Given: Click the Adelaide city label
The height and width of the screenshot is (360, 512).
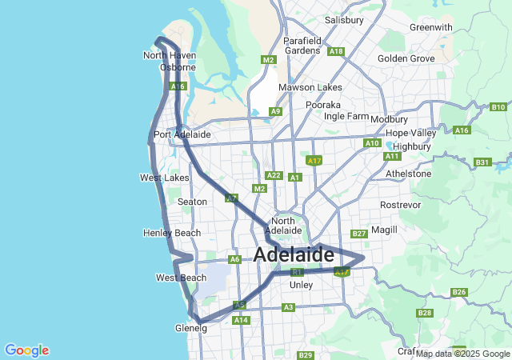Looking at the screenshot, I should click(x=294, y=255).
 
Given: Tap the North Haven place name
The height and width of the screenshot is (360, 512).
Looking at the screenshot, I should click(x=169, y=55).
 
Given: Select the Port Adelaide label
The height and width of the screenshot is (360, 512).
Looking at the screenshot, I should click(x=182, y=134).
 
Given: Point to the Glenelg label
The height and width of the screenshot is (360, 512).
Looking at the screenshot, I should click(x=190, y=328).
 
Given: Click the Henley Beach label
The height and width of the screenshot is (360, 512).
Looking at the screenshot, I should click(x=172, y=233).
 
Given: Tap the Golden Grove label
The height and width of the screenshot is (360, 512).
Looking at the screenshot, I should click(x=406, y=58).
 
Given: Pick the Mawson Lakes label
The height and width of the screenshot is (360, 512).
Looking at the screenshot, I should click(x=310, y=87).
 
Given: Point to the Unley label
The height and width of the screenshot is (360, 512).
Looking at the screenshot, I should click(x=301, y=284).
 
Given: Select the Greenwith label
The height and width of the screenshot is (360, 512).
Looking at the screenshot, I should click(x=430, y=26).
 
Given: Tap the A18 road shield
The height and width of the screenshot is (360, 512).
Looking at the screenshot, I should click(x=336, y=51).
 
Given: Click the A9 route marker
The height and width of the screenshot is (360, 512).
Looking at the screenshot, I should click(x=275, y=111).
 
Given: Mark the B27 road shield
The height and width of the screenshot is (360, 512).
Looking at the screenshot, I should click(x=358, y=234).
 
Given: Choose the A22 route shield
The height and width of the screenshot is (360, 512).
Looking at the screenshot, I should click(x=274, y=175).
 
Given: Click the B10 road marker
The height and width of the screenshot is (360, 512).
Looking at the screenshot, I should click(x=498, y=107).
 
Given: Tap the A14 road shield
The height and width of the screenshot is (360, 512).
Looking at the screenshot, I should click(x=240, y=320).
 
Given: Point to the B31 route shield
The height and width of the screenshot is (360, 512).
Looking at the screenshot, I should click(x=482, y=162).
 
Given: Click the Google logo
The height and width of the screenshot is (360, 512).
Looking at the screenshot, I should click(x=26, y=350).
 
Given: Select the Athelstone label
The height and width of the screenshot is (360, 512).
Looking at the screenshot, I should click(x=408, y=173).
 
